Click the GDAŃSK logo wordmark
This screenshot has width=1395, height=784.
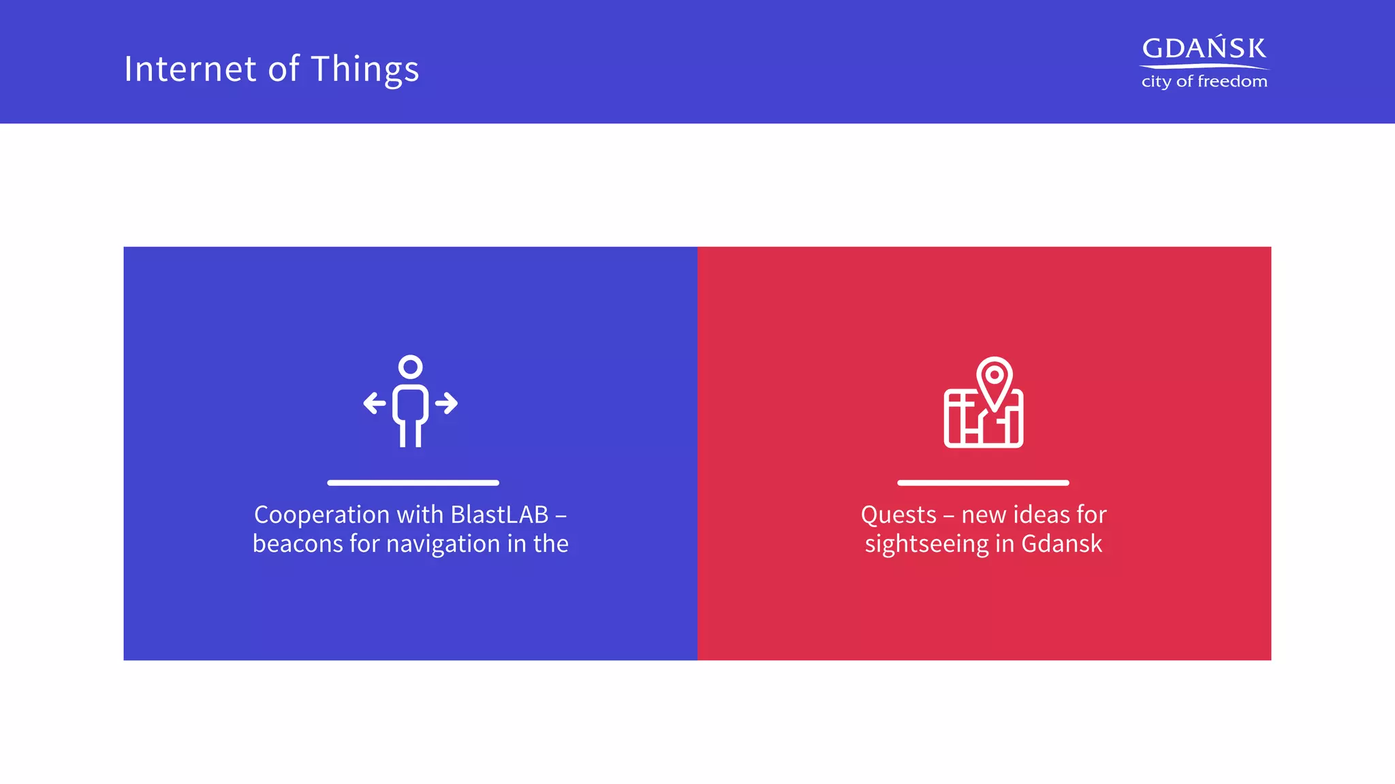coord(1204,48)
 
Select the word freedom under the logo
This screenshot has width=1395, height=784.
coord(1232,82)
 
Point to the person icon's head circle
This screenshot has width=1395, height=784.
coord(410,367)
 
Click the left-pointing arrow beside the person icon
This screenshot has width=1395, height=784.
coord(374,403)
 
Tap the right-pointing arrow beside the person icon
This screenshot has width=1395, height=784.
coord(447,403)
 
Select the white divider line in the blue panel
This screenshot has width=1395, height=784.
coord(413,483)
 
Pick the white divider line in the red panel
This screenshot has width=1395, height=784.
coord(983,483)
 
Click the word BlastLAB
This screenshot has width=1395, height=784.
coord(499,514)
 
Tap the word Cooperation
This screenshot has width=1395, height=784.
coord(312,515)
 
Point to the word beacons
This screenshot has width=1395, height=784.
coord(298,544)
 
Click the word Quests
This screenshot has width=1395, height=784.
coord(898,515)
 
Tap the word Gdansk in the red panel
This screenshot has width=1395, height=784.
coord(1061,544)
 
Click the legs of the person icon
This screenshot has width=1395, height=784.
coord(410,434)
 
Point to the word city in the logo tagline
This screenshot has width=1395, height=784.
coord(1156,82)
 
